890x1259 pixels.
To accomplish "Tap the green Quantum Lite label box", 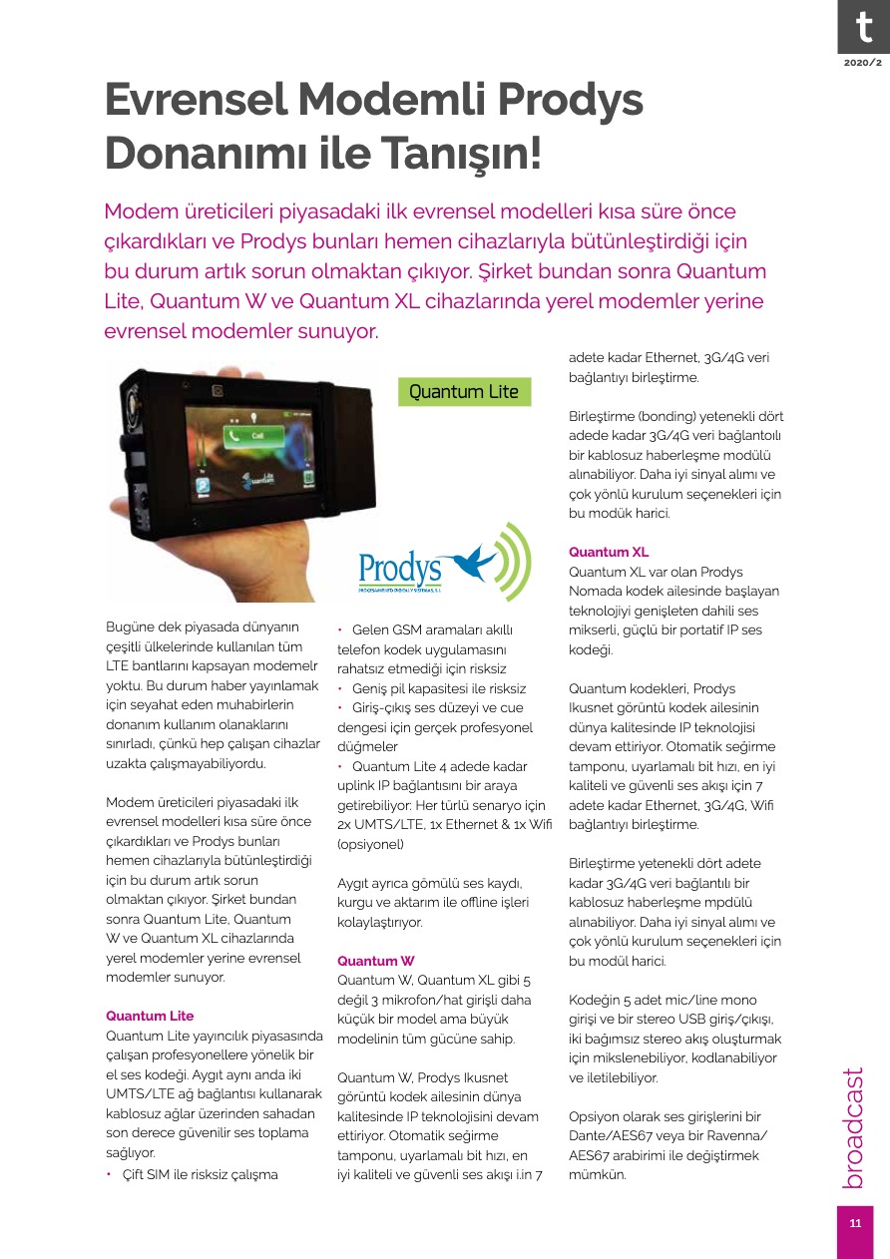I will click(x=464, y=392).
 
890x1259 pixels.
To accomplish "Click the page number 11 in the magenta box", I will click(x=855, y=1224).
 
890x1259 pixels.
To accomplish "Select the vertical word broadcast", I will click(x=853, y=1128).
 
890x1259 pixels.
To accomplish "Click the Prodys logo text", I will click(x=400, y=569).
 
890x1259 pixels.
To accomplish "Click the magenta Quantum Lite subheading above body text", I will click(x=150, y=1016).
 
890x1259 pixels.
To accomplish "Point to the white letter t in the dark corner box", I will click(x=862, y=27).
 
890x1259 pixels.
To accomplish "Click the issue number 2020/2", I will click(x=862, y=63).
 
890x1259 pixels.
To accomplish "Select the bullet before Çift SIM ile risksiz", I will click(x=110, y=1174).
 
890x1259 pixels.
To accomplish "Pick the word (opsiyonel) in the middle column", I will click(x=372, y=844).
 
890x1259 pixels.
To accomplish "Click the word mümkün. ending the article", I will click(x=597, y=1174).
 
